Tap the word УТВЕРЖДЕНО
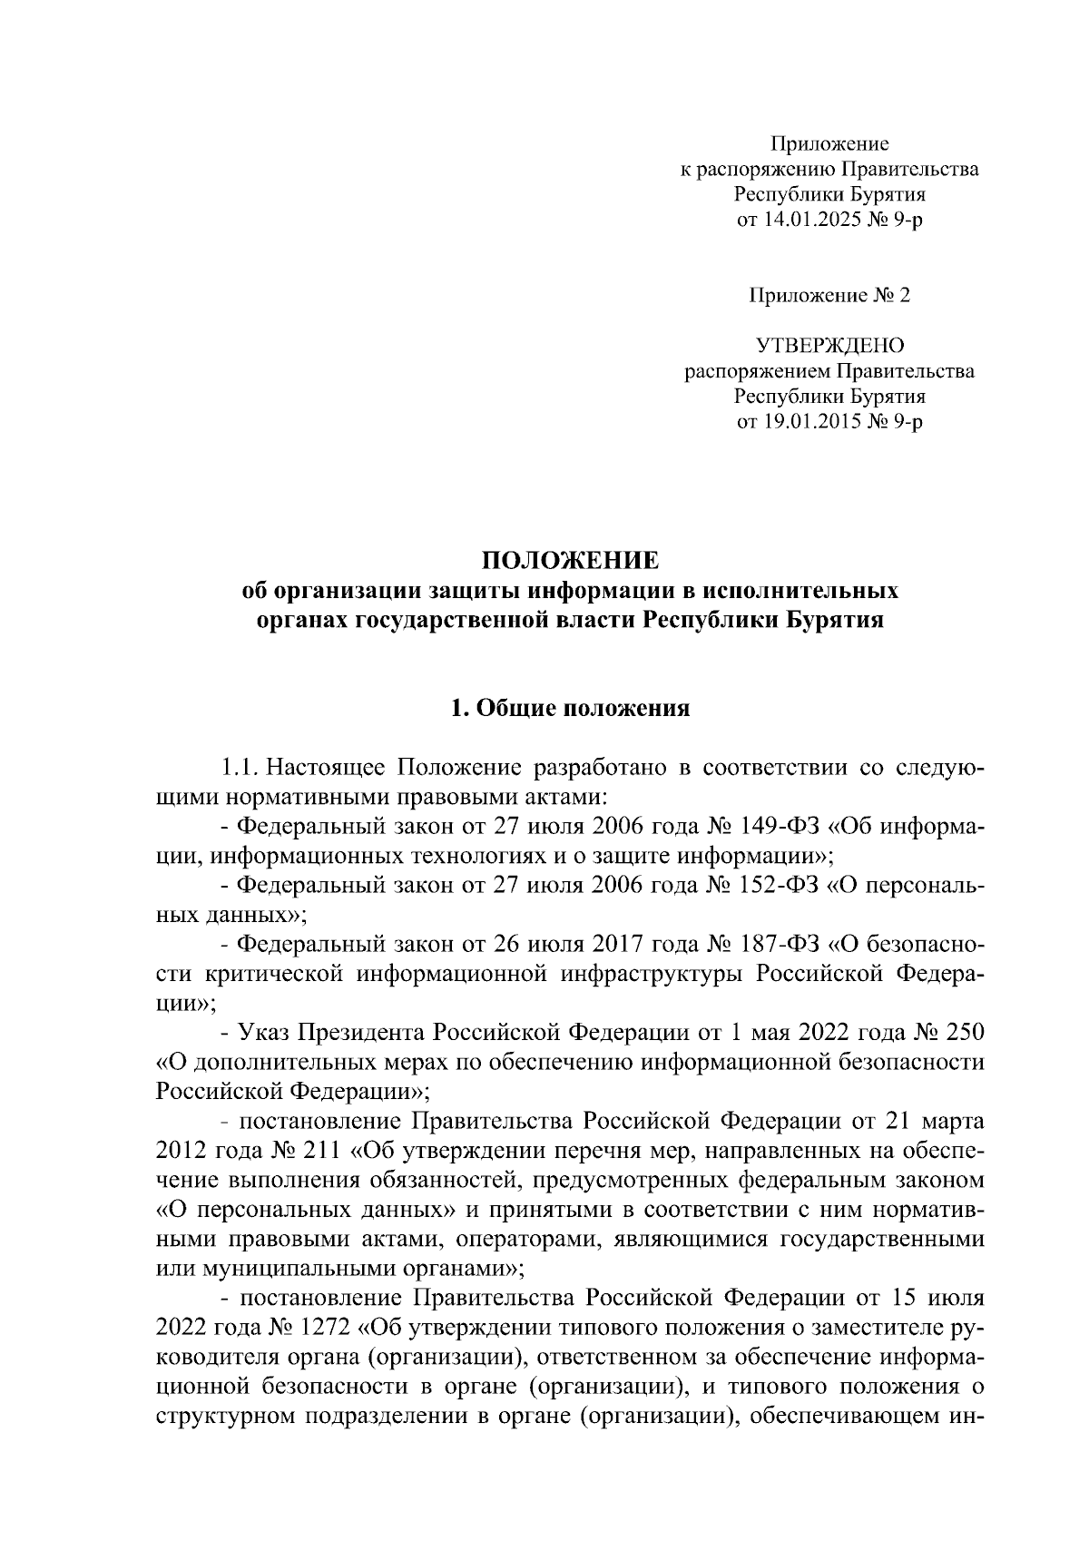click(829, 345)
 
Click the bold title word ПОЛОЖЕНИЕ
click(569, 560)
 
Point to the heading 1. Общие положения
click(570, 708)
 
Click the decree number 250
click(965, 1034)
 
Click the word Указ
click(262, 1034)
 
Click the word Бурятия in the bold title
click(833, 622)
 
